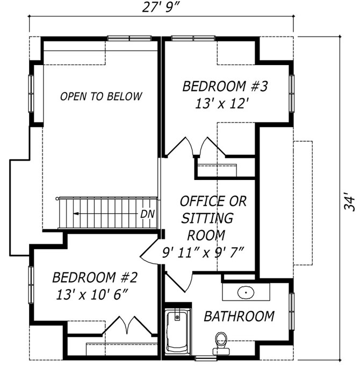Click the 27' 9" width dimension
click(x=161, y=8)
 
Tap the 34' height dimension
click(x=350, y=202)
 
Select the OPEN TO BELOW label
click(x=101, y=97)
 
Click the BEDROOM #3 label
click(x=225, y=86)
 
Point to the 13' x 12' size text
click(x=221, y=103)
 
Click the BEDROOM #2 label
click(x=95, y=277)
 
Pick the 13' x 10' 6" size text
click(x=92, y=294)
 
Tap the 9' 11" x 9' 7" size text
click(x=203, y=252)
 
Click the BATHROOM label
click(x=239, y=316)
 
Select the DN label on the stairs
click(x=148, y=214)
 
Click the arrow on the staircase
click(x=106, y=214)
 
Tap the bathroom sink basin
click(x=246, y=292)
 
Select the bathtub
click(x=178, y=330)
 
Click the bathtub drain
click(x=177, y=318)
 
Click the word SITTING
click(x=207, y=218)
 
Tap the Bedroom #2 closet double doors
click(x=128, y=326)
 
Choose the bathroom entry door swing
click(x=179, y=282)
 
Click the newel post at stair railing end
click(x=57, y=199)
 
